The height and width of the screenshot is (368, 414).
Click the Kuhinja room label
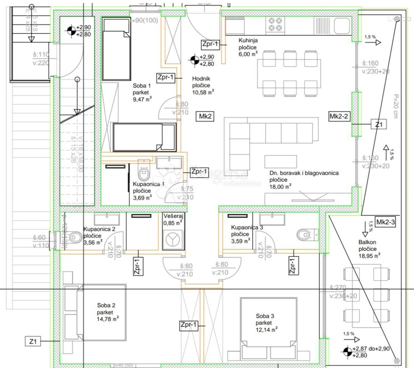point(248,40)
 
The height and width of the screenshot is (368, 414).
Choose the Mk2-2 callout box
point(339,116)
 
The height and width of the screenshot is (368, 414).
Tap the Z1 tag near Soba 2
point(33,341)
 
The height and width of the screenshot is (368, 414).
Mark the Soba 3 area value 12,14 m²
point(267,330)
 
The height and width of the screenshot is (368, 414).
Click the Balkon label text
point(367,242)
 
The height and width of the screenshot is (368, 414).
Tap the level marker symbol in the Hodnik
point(194,60)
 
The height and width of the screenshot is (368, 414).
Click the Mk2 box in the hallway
point(205,116)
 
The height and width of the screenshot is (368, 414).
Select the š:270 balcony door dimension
point(337,287)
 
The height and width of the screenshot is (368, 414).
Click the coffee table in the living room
point(280,161)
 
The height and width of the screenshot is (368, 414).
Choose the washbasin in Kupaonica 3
point(273,219)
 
